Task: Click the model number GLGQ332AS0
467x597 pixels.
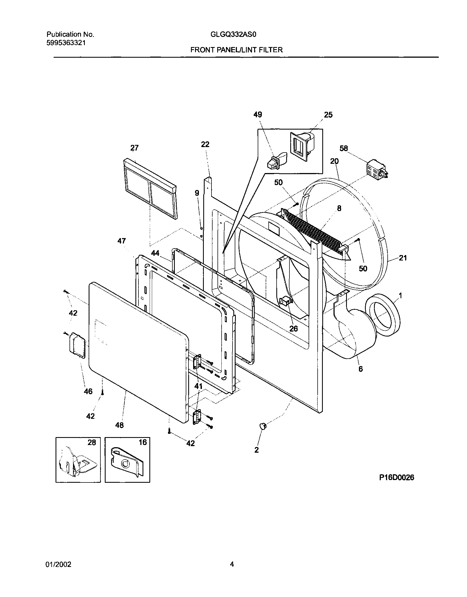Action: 233,35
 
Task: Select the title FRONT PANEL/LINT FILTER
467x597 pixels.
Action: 236,50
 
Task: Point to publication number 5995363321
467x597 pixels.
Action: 66,43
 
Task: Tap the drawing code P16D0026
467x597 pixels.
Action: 396,477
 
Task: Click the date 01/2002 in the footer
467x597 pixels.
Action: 59,564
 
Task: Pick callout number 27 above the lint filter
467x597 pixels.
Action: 134,148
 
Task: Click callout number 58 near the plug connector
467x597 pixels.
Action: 344,148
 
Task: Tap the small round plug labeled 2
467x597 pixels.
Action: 262,425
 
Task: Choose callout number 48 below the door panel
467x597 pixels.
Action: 120,425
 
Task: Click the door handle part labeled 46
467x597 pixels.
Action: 76,345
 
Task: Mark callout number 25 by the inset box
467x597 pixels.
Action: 328,115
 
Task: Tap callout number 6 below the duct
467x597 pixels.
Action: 361,369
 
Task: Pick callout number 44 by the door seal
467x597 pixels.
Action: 155,253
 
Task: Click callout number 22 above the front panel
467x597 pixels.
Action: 205,144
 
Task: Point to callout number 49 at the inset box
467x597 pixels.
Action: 258,115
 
